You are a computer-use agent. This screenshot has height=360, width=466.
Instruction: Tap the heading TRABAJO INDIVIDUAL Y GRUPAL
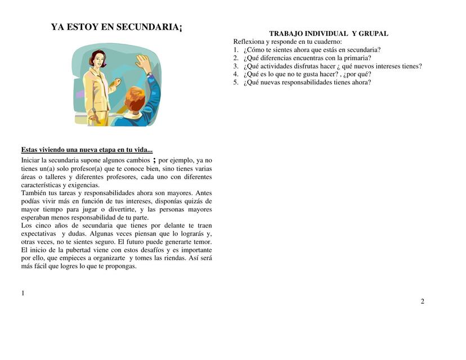(328, 34)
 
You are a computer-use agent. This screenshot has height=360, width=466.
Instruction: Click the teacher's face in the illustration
(95, 58)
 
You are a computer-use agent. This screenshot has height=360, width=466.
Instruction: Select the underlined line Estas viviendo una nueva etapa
(87, 150)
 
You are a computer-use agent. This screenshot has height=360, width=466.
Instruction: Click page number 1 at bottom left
(23, 292)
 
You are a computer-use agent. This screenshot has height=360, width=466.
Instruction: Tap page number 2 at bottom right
(422, 301)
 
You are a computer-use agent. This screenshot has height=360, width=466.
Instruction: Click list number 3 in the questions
(236, 66)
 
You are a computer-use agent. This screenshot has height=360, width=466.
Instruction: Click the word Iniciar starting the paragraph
(32, 160)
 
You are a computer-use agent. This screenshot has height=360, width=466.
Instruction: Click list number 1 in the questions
(236, 49)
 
